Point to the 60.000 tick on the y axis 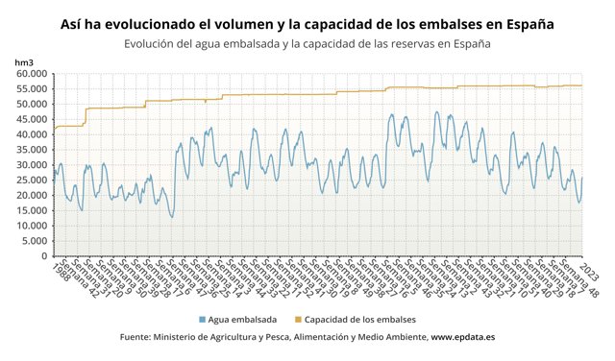pos(31,74)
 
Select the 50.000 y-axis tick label pos(31,104)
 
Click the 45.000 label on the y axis pos(31,119)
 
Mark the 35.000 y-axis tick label pos(31,150)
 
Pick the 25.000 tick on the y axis pos(31,180)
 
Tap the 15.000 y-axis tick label pos(31,210)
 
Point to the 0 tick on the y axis pos(43,256)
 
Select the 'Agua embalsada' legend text pos(242,319)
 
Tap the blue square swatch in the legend pos(202,319)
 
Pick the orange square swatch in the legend pos(297,319)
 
